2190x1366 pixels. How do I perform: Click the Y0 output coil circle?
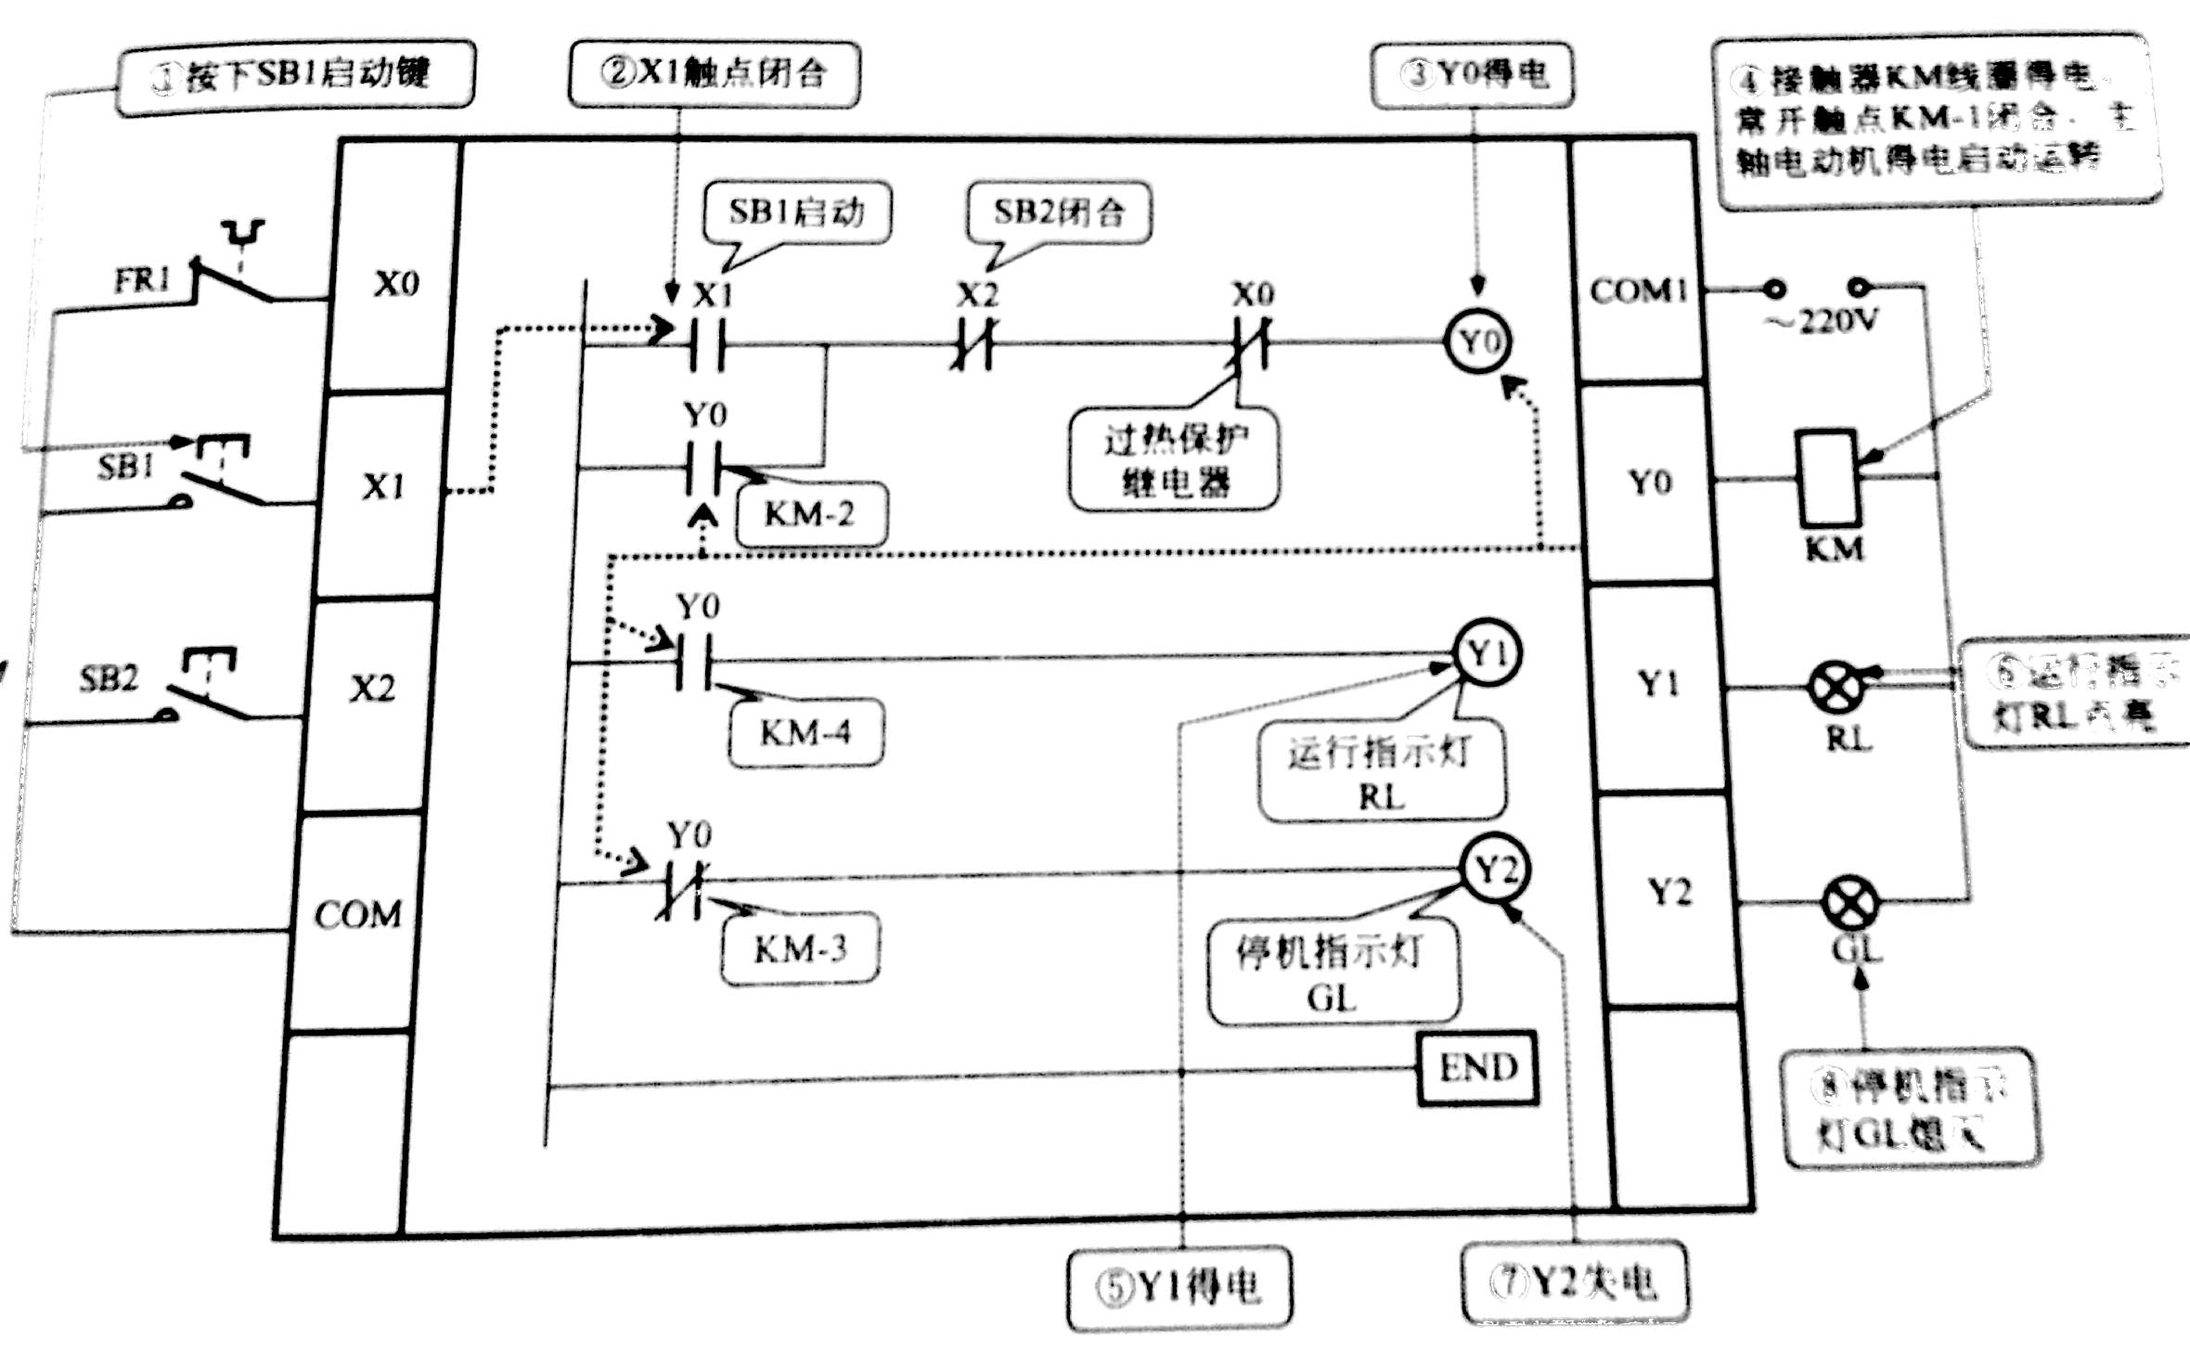[x=1478, y=341]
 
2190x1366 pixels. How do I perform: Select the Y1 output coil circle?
[x=1488, y=653]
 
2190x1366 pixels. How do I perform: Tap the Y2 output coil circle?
[x=1496, y=870]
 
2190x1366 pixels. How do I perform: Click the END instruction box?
[x=1478, y=1067]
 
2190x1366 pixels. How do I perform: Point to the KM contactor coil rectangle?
[x=1827, y=479]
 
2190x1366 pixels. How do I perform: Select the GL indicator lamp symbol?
[x=1850, y=903]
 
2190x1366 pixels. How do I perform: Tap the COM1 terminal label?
[x=1639, y=290]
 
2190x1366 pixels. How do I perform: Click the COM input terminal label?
[x=358, y=914]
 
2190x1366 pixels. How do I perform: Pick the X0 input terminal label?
[x=396, y=283]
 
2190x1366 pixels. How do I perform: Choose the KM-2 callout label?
[x=810, y=513]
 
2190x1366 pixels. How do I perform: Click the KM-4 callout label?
[x=805, y=733]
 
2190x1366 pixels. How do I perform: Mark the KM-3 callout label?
[x=800, y=949]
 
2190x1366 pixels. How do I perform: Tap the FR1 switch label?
[x=142, y=279]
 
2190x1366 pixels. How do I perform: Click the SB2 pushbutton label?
[x=109, y=678]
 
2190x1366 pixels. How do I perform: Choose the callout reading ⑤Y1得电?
[x=1179, y=1287]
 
